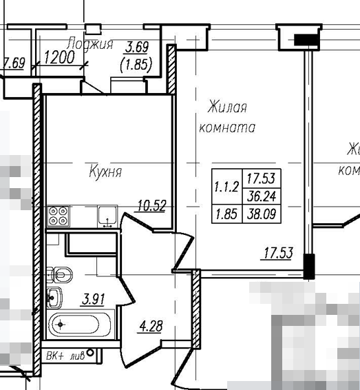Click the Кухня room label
click(x=105, y=172)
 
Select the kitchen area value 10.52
click(x=152, y=205)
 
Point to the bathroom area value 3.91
click(x=94, y=299)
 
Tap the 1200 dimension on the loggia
click(x=59, y=58)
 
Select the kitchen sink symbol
click(x=107, y=216)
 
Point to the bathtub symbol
click(x=79, y=322)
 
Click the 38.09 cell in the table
click(x=263, y=214)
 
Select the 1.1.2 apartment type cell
click(x=226, y=186)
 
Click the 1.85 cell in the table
click(x=226, y=214)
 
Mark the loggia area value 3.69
click(x=136, y=48)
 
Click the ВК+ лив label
click(x=65, y=356)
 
